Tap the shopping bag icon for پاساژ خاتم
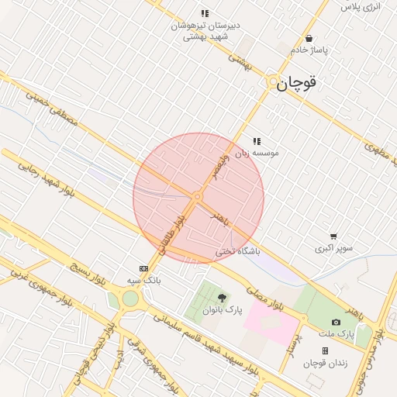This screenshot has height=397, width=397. point(309,38)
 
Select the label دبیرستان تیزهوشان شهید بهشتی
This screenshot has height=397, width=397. point(206,30)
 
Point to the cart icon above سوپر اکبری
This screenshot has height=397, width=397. point(333,236)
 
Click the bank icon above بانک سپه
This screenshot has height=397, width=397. point(142,268)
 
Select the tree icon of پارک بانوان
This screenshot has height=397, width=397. point(223,298)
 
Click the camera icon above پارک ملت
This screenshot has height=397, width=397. point(336,322)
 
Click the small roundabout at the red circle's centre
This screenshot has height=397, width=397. point(198,197)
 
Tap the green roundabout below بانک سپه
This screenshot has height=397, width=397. point(130,298)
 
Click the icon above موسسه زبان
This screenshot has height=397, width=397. point(257,141)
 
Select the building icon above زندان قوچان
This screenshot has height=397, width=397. point(325,350)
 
